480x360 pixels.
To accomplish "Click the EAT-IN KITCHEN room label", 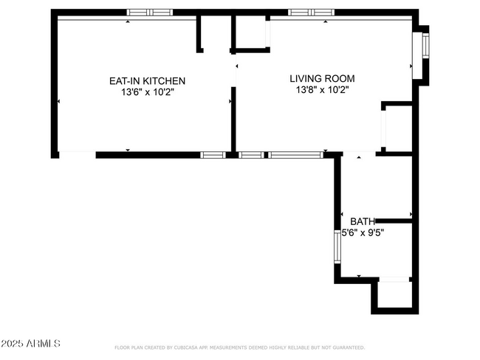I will click(147, 80).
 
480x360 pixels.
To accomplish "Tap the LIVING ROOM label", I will click(322, 78).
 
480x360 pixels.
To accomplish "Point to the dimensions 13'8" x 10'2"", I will click(322, 89).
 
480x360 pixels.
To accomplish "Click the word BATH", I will click(362, 221).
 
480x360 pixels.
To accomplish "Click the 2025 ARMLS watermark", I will click(31, 344).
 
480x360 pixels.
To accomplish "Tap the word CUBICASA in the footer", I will click(192, 347).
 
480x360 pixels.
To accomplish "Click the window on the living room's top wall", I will click(310, 13).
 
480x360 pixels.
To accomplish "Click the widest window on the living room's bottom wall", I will click(295, 155).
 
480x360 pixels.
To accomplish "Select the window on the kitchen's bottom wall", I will click(213, 155).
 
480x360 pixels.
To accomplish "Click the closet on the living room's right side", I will click(397, 129).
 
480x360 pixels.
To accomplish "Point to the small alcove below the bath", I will click(394, 295).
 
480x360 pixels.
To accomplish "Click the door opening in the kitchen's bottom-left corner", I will click(77, 153).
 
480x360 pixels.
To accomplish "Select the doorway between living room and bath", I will click(359, 155).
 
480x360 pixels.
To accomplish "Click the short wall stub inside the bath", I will click(392, 220).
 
